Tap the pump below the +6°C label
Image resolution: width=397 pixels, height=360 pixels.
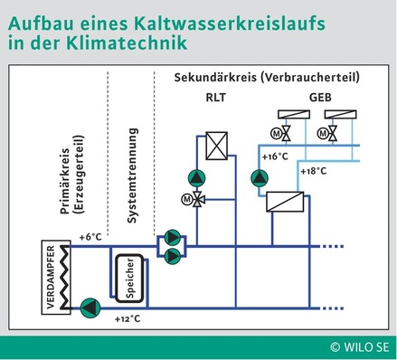click(x=88, y=308)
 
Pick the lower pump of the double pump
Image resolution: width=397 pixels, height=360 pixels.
click(x=171, y=255)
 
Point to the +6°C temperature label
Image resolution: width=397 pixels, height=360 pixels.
click(x=91, y=236)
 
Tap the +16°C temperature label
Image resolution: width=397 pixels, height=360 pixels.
click(x=275, y=156)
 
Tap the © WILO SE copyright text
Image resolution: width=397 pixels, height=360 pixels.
click(x=360, y=346)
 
